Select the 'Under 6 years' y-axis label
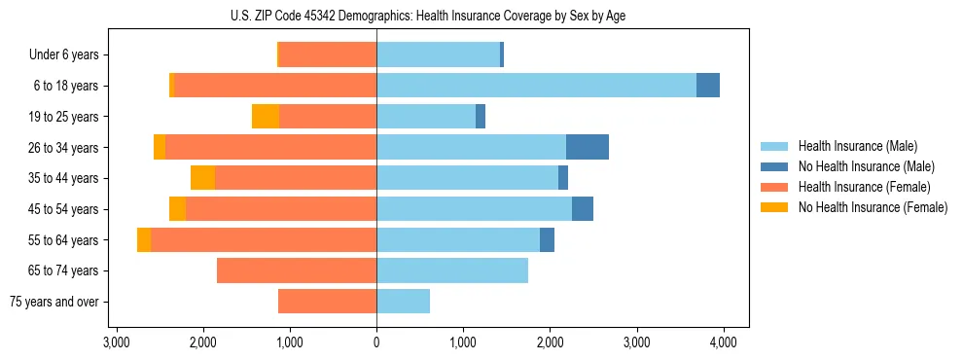click(x=64, y=55)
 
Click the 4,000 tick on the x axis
click(x=723, y=342)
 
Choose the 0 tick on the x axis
click(x=376, y=342)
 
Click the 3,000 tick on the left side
click(x=117, y=342)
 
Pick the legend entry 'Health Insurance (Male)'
click(x=857, y=146)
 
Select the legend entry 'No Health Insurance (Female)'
click(x=873, y=207)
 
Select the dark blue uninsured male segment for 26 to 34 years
click(x=588, y=147)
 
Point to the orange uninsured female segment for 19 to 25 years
click(x=266, y=117)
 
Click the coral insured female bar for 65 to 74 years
click(x=297, y=270)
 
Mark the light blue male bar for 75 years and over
click(x=403, y=302)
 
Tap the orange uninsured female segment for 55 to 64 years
click(x=144, y=240)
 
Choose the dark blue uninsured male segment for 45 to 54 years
click(x=583, y=209)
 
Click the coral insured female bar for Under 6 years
click(x=328, y=55)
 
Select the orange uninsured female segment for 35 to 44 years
click(x=202, y=178)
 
